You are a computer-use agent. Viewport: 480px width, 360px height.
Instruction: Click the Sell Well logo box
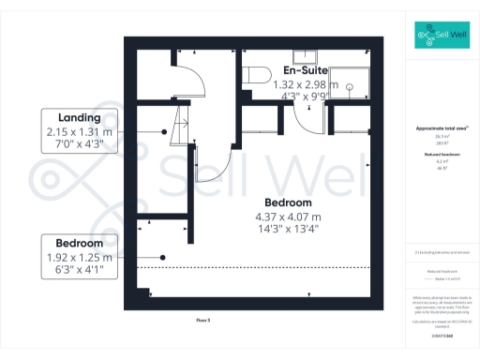[443, 35]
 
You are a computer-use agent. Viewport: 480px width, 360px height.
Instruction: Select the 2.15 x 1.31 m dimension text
[78, 132]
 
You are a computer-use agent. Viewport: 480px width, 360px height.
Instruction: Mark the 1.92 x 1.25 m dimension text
[78, 257]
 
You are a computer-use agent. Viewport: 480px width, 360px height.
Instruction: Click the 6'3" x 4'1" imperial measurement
[78, 270]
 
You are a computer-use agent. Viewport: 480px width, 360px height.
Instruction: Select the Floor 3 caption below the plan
[202, 320]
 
